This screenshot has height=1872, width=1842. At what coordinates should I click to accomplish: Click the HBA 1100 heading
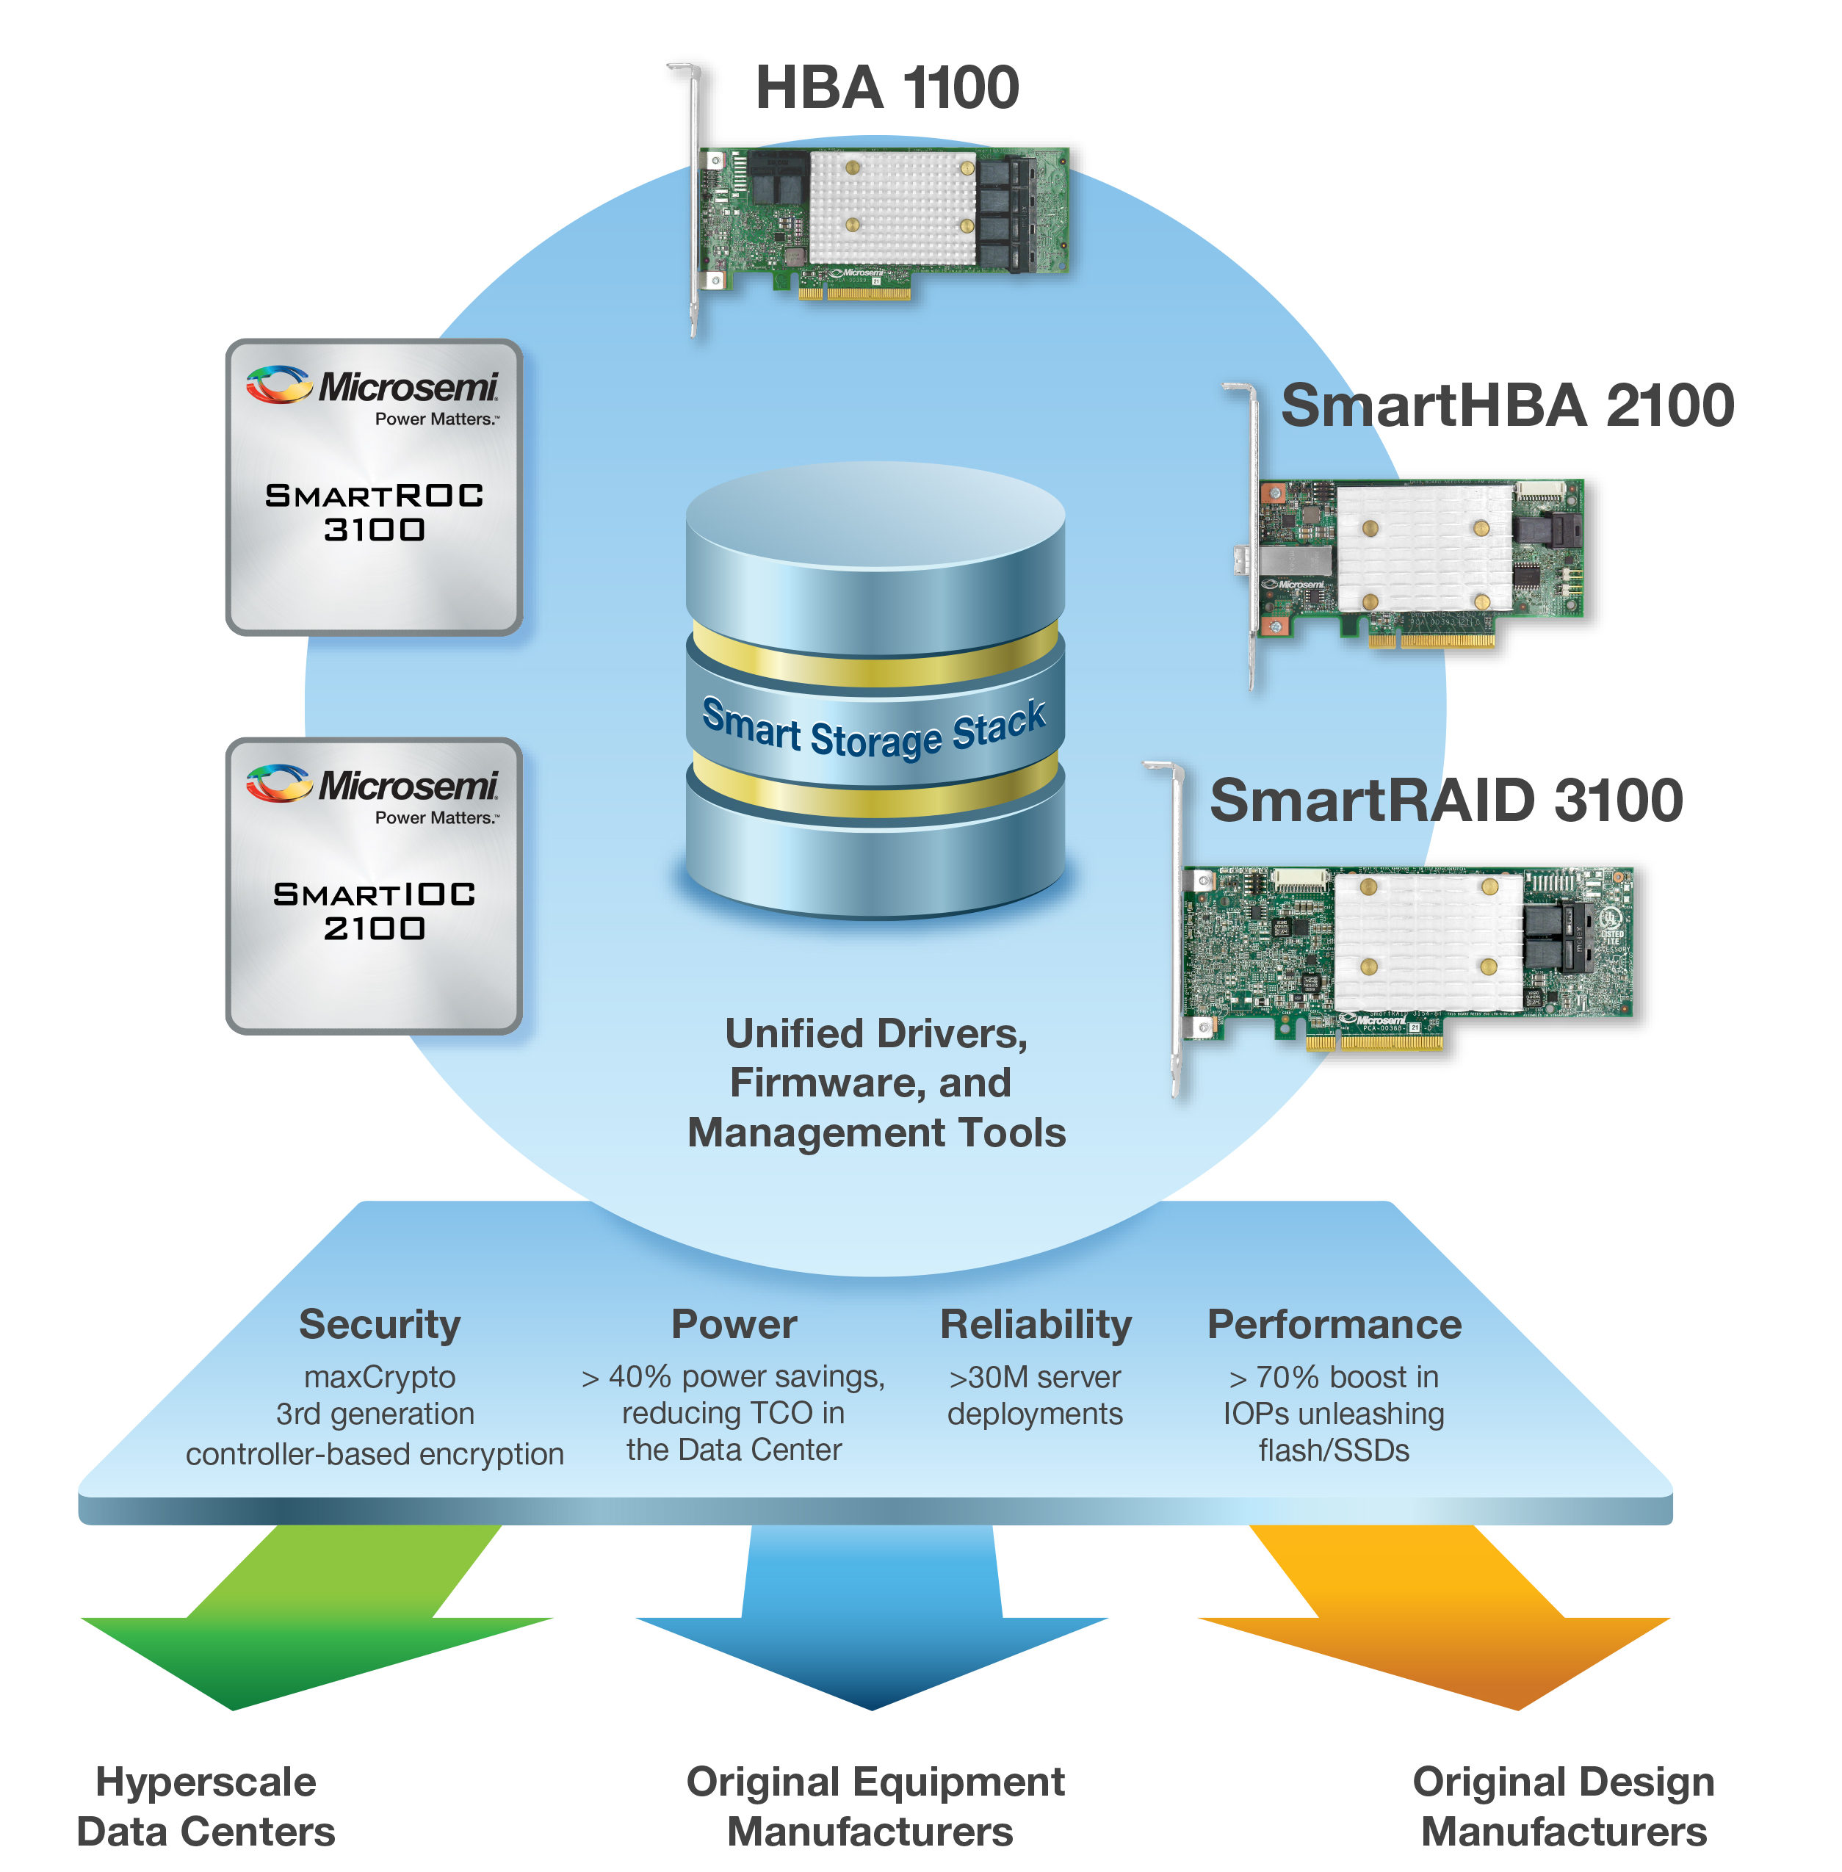coord(886,87)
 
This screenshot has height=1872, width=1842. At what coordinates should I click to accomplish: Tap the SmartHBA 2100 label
coord(1506,405)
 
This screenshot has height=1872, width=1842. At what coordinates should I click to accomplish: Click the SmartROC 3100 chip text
coord(375,512)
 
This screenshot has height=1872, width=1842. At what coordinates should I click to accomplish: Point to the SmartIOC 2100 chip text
coord(375,911)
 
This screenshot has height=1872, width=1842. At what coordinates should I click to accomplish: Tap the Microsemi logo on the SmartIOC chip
coord(372,786)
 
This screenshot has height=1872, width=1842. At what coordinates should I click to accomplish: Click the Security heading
coord(379,1324)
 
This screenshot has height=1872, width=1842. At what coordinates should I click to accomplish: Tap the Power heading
coord(734,1324)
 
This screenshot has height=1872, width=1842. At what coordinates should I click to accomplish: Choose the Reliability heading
coord(1035,1324)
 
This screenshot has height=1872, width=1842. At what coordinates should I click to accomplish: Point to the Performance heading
coord(1334,1324)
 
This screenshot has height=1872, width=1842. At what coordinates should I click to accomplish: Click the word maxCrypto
coord(379,1377)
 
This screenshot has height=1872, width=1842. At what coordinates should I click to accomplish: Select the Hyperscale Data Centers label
coord(206,1806)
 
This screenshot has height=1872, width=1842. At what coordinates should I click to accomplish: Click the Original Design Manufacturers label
coord(1564,1806)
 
